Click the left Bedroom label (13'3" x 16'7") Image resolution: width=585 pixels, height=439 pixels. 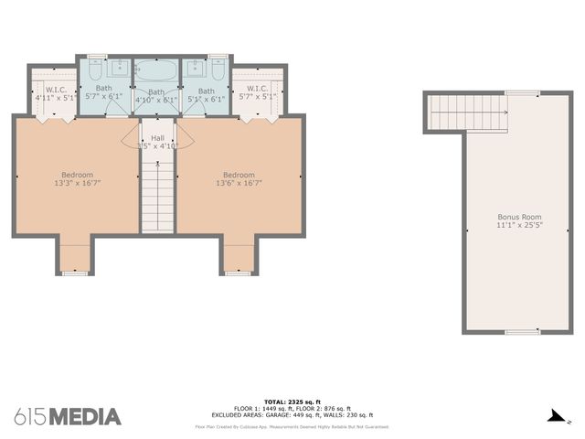click(x=77, y=178)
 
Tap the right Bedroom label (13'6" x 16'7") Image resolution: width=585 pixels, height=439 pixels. click(x=239, y=178)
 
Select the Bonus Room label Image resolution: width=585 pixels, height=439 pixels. click(x=513, y=219)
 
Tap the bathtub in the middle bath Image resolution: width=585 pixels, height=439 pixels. click(x=157, y=70)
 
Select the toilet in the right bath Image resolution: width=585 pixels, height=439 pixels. click(x=217, y=66)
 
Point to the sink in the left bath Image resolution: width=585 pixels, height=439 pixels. click(x=120, y=69)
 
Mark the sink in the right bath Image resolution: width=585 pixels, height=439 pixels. click(x=195, y=69)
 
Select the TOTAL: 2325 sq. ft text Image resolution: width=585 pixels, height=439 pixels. click(x=292, y=402)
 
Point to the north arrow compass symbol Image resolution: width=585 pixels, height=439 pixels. click(x=555, y=416)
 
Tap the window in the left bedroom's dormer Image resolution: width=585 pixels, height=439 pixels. click(x=76, y=273)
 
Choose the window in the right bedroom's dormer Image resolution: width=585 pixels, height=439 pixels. click(x=239, y=273)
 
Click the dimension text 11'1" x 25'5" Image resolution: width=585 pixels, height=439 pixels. click(x=513, y=225)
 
